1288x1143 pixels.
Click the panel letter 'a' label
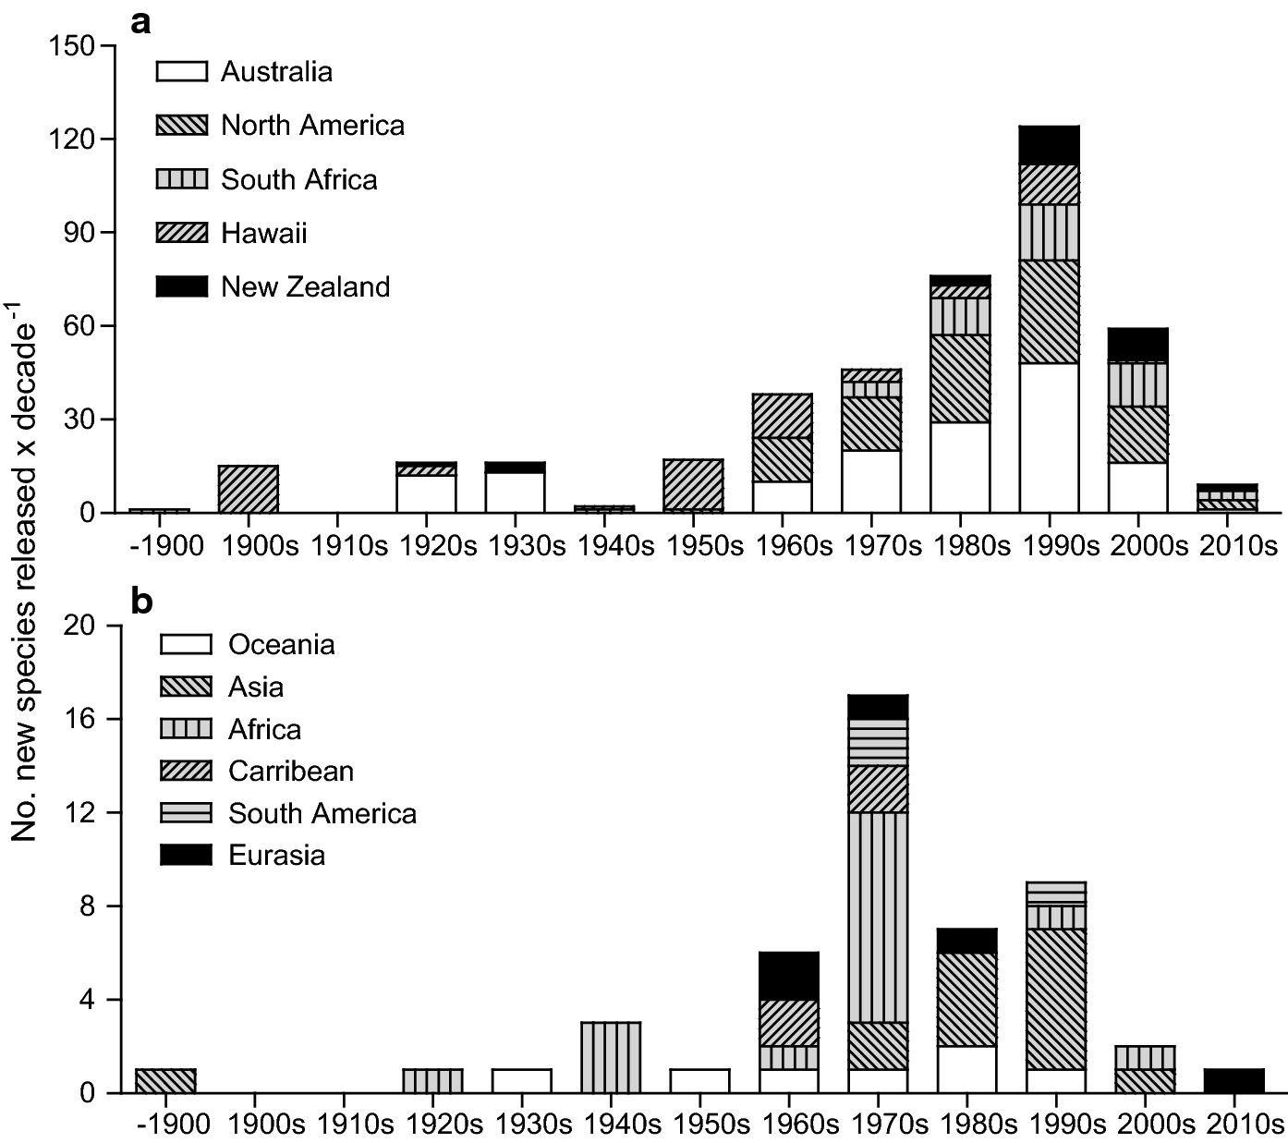click(140, 24)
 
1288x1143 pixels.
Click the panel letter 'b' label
click(141, 602)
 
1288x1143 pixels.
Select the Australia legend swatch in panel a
click(182, 72)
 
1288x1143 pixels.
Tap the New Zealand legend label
click(305, 286)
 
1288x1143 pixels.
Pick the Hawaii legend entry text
click(263, 233)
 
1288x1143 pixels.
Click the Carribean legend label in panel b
click(291, 771)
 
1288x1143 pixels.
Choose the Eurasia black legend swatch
click(186, 855)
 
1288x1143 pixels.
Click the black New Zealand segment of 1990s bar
click(1049, 145)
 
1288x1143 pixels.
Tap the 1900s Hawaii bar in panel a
click(249, 489)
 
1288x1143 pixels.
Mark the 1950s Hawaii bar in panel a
click(693, 484)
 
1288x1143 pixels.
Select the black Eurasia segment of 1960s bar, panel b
click(788, 976)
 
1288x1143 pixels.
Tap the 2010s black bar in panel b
click(1233, 1081)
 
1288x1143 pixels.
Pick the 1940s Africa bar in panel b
click(611, 1058)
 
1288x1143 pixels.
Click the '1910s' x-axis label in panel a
click(347, 545)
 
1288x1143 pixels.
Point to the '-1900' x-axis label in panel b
click(166, 1125)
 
